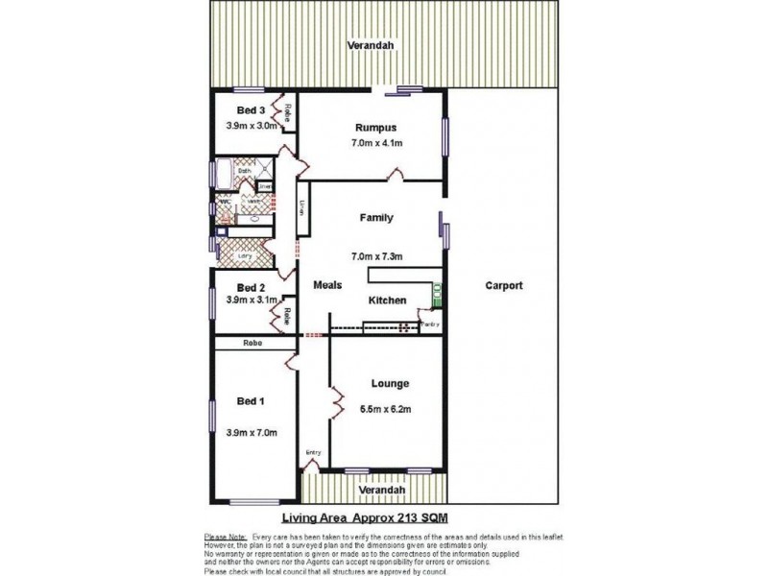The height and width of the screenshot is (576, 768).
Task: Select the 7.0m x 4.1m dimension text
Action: (376, 144)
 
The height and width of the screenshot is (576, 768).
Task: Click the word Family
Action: (376, 218)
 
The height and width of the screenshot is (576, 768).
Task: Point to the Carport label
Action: (503, 285)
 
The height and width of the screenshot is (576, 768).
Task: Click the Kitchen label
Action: (388, 300)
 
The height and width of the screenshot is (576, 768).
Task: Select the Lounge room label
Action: (391, 383)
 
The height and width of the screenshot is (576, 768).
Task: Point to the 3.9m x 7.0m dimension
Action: (252, 433)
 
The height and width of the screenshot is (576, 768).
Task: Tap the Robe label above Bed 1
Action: (253, 342)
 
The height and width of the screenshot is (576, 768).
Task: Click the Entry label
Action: (313, 453)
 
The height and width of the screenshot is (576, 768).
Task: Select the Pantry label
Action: (430, 324)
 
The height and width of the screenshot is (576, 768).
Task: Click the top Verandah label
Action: (371, 46)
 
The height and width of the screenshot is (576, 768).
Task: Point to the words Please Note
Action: (224, 536)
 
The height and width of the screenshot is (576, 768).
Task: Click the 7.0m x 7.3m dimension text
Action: (376, 256)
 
